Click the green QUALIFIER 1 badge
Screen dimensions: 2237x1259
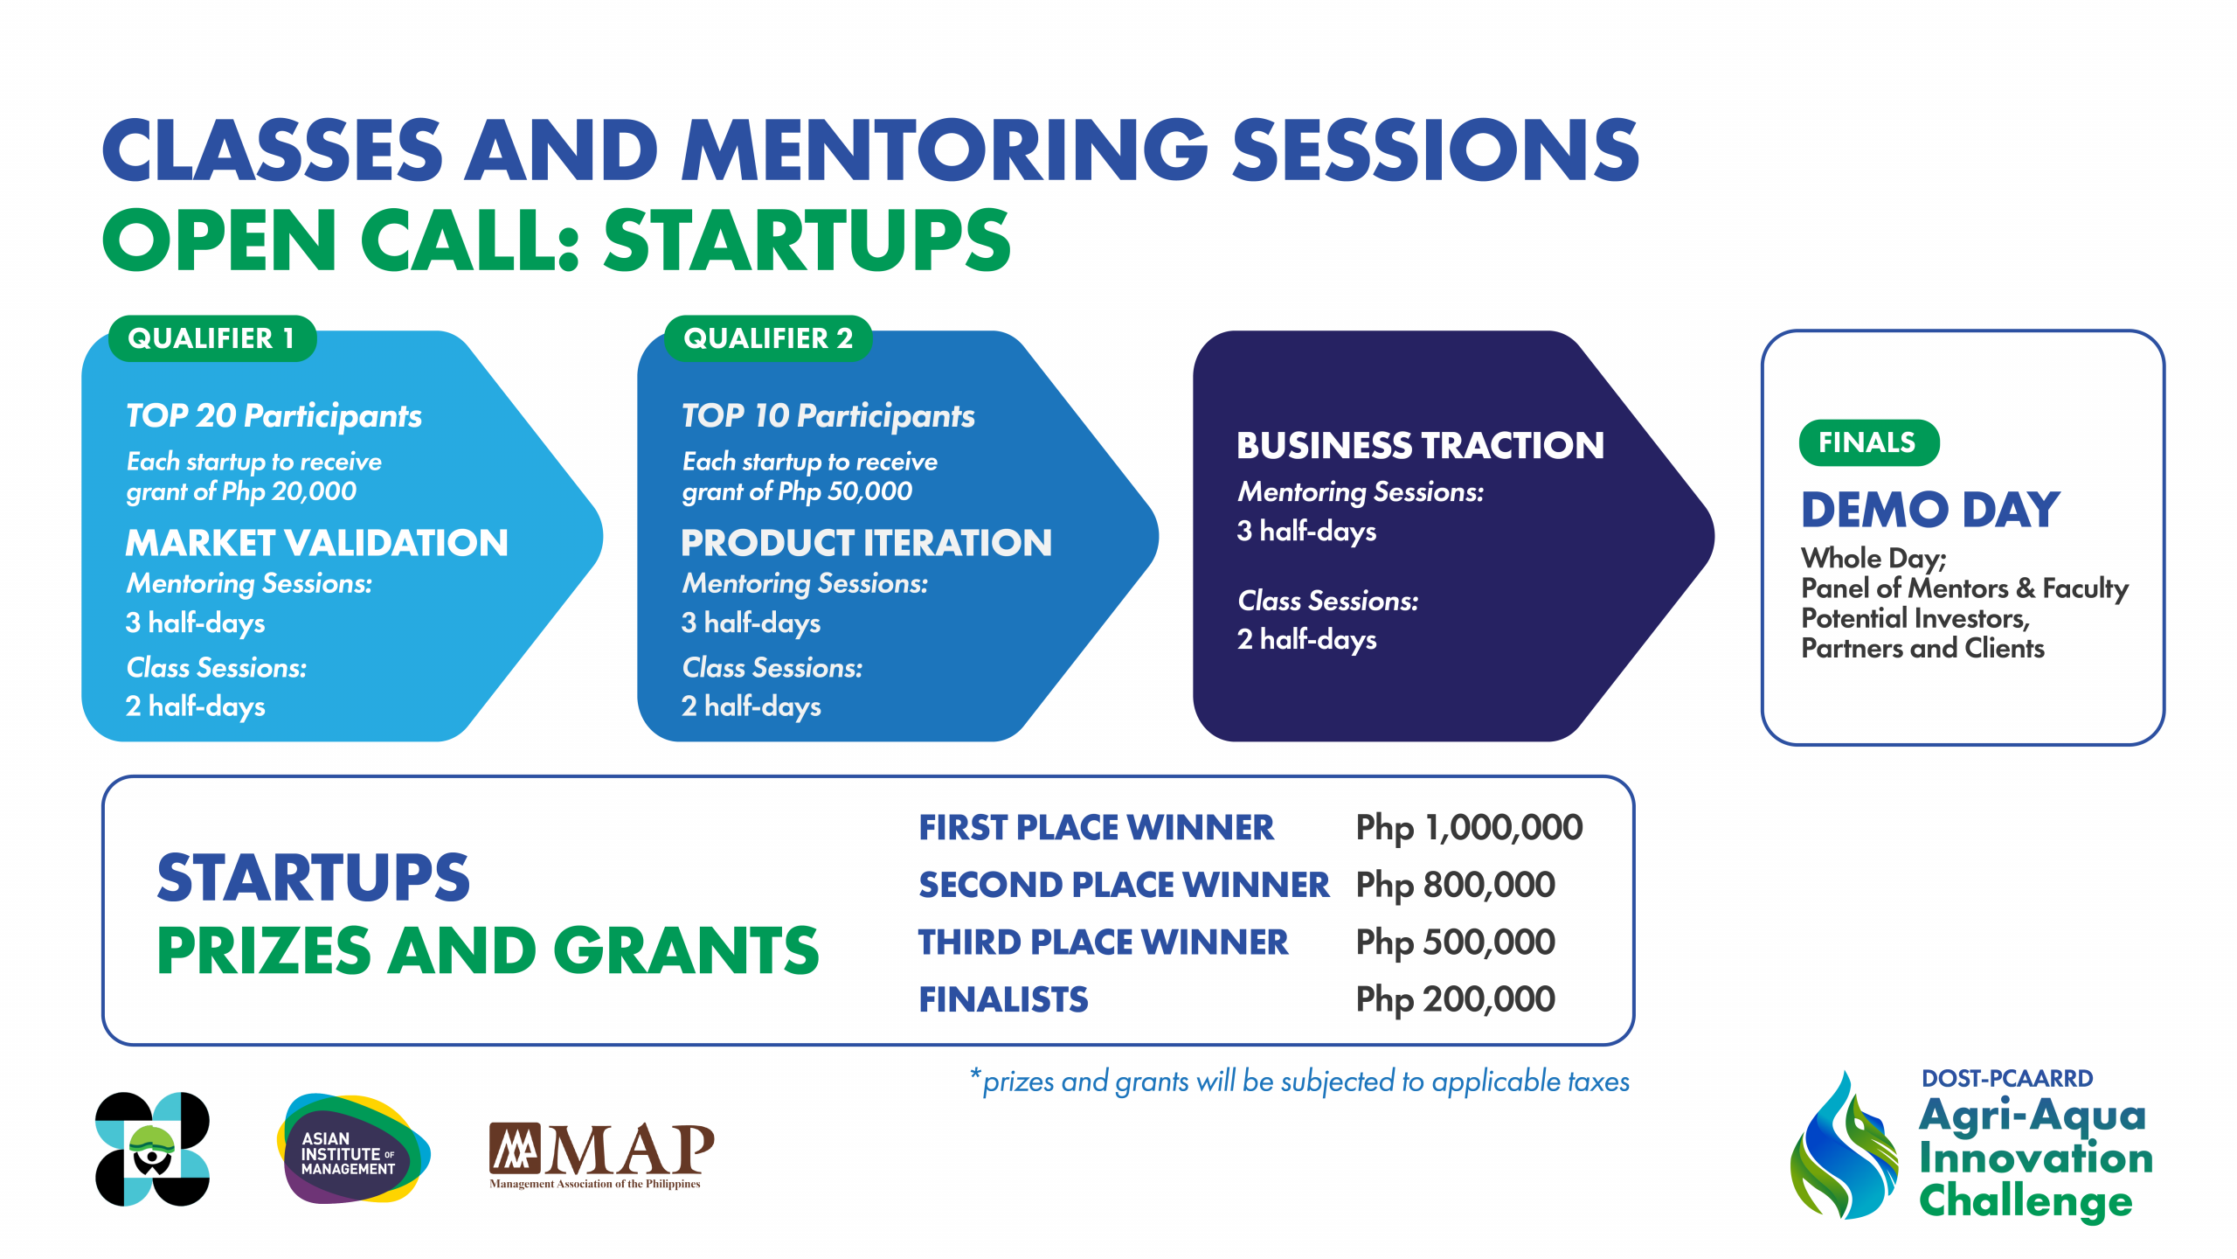212,338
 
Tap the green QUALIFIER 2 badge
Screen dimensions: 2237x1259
768,338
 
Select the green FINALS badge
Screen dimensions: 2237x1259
1868,442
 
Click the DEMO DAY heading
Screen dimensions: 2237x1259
1930,510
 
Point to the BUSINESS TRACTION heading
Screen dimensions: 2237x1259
1420,446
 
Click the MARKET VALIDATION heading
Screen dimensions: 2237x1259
316,543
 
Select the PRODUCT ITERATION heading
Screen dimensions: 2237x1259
866,543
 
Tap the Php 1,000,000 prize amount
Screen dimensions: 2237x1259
1469,828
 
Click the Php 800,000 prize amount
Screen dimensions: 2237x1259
1455,885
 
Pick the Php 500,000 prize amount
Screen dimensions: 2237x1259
1455,943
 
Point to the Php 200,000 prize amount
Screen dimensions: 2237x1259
1455,999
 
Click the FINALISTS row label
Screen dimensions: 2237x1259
1003,999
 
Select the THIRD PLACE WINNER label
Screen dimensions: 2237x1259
1104,943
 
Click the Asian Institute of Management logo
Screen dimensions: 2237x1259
353,1149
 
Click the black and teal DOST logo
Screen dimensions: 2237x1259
153,1149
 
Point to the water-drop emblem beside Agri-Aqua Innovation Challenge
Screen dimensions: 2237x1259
1844,1145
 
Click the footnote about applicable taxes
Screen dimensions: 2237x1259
1299,1082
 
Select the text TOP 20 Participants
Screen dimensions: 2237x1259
274,416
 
